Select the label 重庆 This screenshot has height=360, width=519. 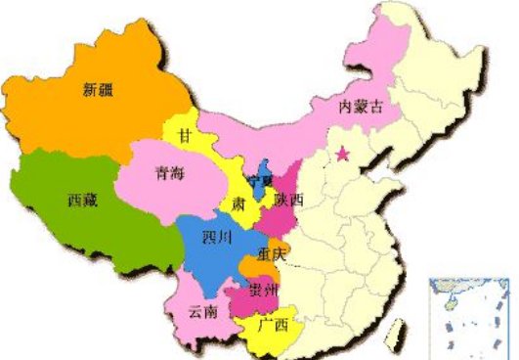tap(272, 254)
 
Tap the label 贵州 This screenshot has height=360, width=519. tap(264, 290)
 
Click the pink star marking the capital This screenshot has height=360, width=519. tap(342, 154)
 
